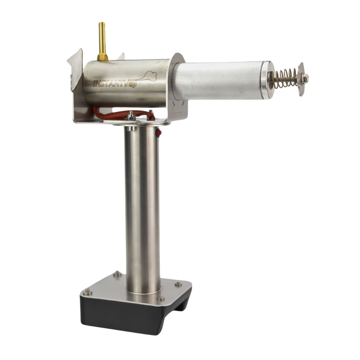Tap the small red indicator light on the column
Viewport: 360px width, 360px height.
click(x=159, y=133)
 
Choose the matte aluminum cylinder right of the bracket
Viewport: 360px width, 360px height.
click(x=221, y=80)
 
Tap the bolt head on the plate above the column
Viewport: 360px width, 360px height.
click(x=133, y=117)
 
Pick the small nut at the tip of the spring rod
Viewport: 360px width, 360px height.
click(x=308, y=78)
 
